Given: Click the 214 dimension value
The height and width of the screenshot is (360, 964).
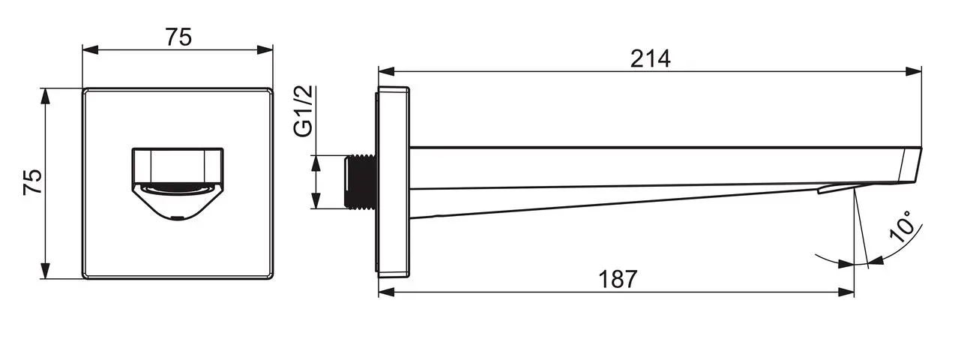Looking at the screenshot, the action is pos(650,59).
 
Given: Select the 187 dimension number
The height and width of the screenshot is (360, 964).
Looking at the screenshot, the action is pos(618,279).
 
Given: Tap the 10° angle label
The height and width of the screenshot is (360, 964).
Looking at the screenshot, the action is pos(902,227).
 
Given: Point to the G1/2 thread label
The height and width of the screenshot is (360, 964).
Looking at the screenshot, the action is pos(304,111).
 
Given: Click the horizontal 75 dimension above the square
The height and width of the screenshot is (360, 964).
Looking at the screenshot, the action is pos(178,37).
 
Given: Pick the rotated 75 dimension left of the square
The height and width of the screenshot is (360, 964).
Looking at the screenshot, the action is pos(33,182).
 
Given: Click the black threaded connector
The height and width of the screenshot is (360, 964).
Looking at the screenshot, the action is pos(361,181).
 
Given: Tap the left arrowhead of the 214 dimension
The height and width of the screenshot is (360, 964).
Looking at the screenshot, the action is pos(387,71).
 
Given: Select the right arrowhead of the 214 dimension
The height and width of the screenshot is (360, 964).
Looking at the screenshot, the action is pos(913,71).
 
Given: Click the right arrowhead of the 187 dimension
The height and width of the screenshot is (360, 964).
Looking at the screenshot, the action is pos(846,292).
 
